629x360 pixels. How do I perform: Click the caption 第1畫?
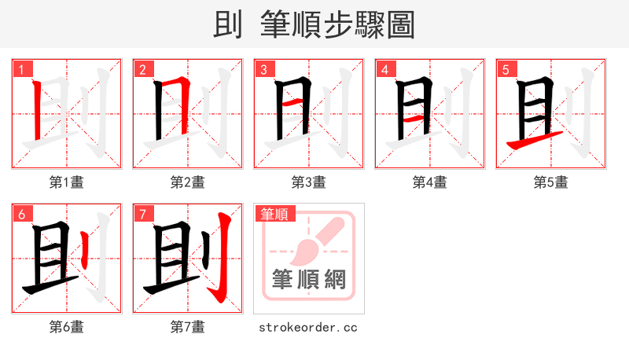pyautogui.click(x=67, y=182)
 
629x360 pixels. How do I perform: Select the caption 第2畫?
pyautogui.click(x=188, y=182)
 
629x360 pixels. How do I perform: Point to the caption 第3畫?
pyautogui.click(x=309, y=182)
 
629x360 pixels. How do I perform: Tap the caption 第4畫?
pyautogui.click(x=430, y=182)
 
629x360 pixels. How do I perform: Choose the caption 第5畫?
pyautogui.click(x=551, y=182)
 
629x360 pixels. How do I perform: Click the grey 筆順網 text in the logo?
pyautogui.click(x=308, y=280)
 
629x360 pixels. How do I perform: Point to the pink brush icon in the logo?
pyautogui.click(x=314, y=240)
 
